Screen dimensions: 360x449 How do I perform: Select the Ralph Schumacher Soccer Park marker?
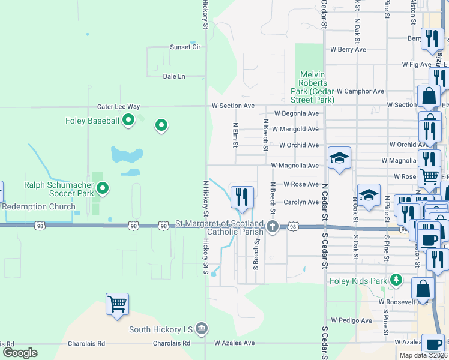click(x=103, y=188)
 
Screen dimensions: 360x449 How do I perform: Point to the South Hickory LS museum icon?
click(x=202, y=328)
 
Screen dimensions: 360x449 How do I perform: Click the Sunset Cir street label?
click(x=185, y=47)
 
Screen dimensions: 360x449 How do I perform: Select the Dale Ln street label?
click(x=174, y=76)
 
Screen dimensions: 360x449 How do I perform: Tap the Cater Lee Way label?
click(x=119, y=107)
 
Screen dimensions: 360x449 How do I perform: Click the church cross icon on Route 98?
click(x=273, y=226)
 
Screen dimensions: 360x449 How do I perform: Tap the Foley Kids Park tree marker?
click(x=396, y=280)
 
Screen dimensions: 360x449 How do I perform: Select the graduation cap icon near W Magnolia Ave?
click(x=339, y=158)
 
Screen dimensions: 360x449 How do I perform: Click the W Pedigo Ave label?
click(x=348, y=320)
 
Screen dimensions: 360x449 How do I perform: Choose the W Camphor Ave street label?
click(x=360, y=91)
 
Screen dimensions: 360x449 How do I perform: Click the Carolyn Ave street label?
click(x=301, y=202)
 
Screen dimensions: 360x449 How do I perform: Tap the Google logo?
click(x=20, y=353)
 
